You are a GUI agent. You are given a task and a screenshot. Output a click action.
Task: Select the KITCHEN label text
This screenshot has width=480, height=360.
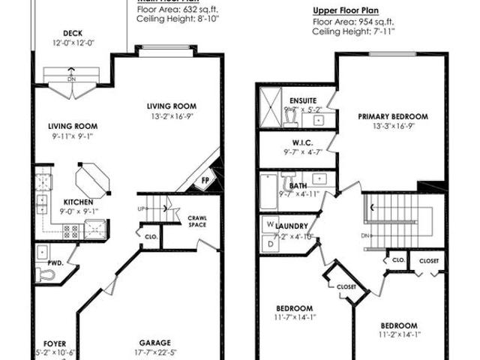point(78,202)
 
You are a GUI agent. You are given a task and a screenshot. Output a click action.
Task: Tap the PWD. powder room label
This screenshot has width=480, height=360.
point(54,263)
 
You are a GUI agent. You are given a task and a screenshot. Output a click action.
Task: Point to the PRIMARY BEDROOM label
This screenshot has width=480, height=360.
point(392,116)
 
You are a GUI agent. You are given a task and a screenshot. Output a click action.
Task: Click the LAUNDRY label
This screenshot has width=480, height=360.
point(292,226)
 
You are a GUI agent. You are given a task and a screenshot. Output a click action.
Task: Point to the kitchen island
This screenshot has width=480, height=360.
point(92,180)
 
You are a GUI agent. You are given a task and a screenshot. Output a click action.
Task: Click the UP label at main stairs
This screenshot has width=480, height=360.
point(140,208)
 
